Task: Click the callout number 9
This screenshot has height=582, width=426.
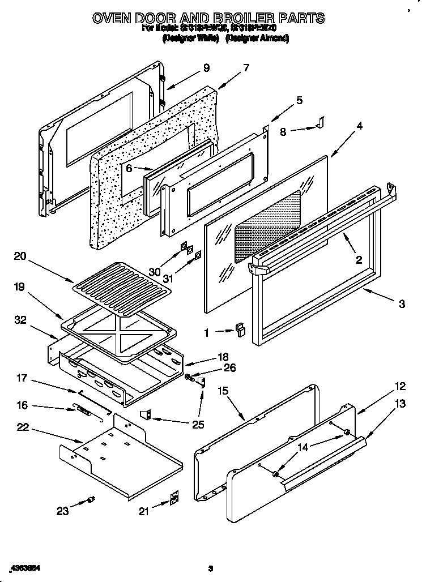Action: (x=206, y=67)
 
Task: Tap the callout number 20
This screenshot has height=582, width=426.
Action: (x=20, y=256)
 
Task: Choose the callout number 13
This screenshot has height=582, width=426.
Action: (x=401, y=404)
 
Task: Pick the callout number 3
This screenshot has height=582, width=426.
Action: (x=401, y=304)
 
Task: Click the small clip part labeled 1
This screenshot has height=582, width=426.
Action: (x=240, y=331)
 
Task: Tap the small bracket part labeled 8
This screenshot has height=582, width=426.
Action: (x=320, y=122)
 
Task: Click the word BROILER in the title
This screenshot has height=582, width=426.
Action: (x=238, y=18)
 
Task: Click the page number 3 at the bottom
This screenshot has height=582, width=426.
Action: (x=210, y=568)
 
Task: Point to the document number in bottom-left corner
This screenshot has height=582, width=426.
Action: (x=27, y=567)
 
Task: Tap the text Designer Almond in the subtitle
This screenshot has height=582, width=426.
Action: (x=258, y=38)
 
